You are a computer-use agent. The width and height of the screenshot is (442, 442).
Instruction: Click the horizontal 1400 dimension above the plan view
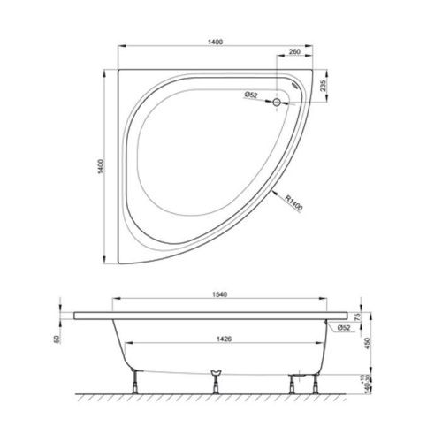click(x=215, y=42)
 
